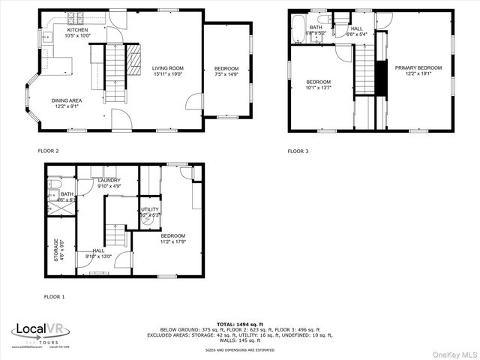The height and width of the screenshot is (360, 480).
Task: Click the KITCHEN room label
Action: coord(78,31)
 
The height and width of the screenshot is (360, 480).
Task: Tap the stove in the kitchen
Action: coord(76,17)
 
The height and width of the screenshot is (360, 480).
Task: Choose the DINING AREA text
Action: coord(67,100)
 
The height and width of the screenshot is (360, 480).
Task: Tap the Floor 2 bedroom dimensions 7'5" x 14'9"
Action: coord(226,74)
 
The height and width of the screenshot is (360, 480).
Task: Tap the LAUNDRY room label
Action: coord(109,180)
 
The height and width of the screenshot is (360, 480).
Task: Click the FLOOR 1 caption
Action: coord(54,297)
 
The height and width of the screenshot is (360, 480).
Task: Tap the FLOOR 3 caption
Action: coord(298,151)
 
